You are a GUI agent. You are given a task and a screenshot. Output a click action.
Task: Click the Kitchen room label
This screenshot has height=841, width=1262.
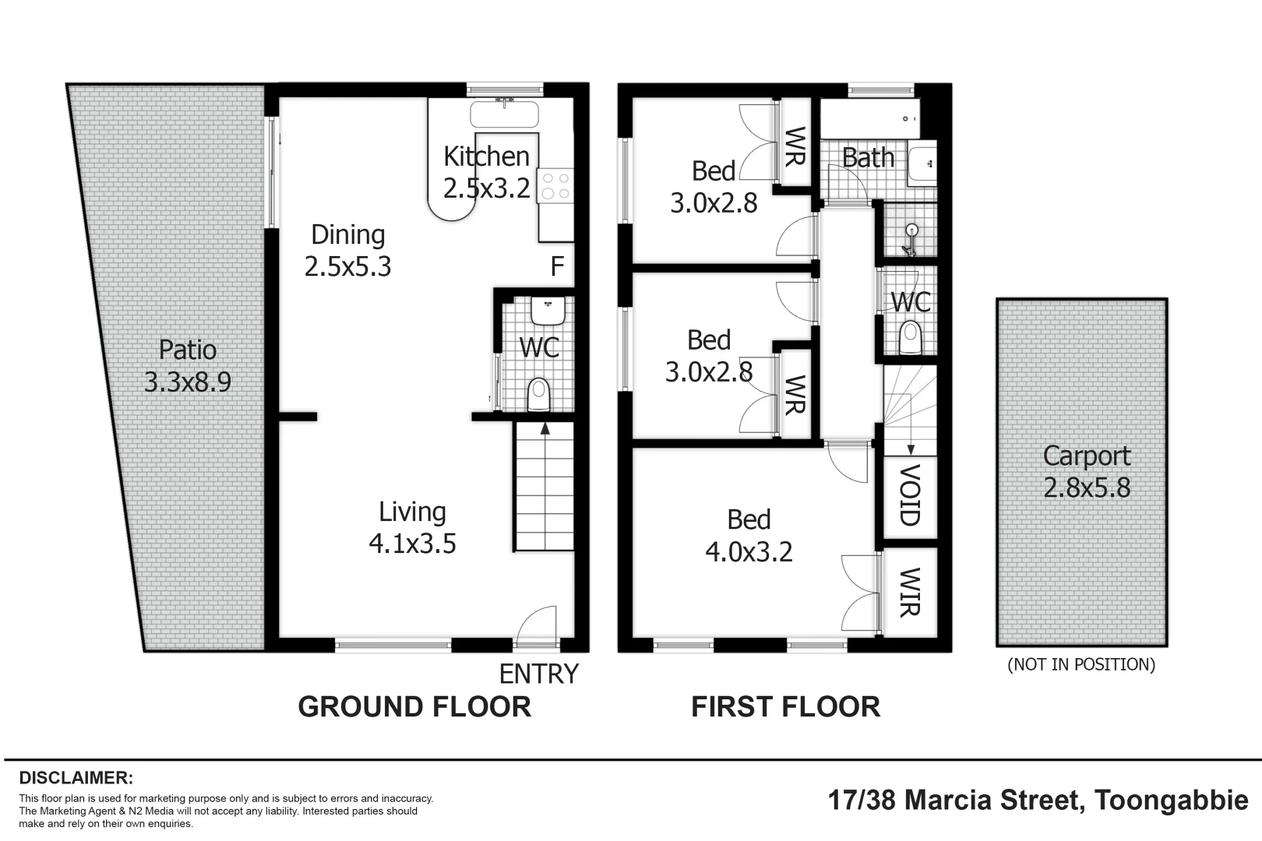(486, 157)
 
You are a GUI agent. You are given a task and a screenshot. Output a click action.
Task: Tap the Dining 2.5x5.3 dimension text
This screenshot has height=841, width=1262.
(347, 267)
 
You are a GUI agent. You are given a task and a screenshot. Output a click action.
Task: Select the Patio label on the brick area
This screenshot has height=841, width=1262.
(188, 350)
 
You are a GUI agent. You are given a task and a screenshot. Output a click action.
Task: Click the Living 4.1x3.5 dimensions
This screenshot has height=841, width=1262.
(412, 544)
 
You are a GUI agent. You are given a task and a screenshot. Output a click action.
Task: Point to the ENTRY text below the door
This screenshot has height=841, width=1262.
(538, 674)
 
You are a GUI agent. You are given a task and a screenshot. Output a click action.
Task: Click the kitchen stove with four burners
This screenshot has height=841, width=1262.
(555, 186)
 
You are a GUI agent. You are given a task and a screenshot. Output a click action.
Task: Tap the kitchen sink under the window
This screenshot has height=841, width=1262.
(504, 115)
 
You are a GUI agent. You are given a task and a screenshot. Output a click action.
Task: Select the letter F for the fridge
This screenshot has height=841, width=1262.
(557, 267)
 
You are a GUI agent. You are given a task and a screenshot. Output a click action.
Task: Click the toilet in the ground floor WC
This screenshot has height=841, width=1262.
(538, 394)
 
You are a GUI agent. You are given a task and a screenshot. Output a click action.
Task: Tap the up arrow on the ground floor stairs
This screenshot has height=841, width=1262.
(545, 428)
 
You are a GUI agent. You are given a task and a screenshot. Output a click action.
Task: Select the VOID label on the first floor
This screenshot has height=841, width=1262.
(910, 495)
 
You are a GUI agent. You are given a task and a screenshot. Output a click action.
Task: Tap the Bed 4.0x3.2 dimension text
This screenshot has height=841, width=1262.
(749, 552)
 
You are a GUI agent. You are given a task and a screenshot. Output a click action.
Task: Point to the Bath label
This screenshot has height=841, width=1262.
(868, 158)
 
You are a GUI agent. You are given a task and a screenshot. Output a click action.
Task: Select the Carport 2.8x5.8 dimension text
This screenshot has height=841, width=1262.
(1086, 488)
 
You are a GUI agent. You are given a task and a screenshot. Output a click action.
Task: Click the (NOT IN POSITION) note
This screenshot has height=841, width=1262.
(1081, 664)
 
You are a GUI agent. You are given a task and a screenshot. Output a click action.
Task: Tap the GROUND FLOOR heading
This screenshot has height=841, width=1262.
(414, 707)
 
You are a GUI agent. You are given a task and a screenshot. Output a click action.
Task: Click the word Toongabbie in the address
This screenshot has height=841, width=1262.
(1171, 800)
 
